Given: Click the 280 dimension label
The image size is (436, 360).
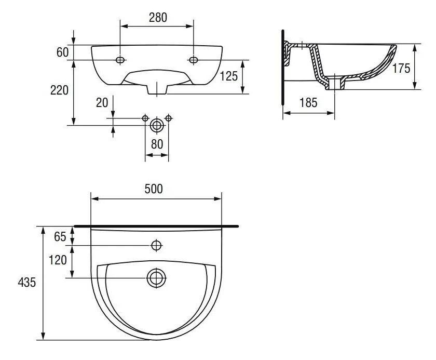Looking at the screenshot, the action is [158, 18].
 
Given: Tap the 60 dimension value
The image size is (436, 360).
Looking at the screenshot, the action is [63, 52].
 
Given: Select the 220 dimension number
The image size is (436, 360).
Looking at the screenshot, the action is [59, 90].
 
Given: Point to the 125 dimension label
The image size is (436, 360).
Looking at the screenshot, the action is [229, 76].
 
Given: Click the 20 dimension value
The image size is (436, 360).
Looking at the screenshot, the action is [102, 103].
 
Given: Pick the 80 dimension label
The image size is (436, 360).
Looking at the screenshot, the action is [157, 144].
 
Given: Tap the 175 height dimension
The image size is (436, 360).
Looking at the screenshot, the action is [401, 68].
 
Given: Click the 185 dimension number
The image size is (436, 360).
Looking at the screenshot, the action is [308, 103].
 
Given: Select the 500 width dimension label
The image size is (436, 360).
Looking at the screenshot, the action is [154, 189].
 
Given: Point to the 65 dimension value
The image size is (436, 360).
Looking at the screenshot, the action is [60, 237].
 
